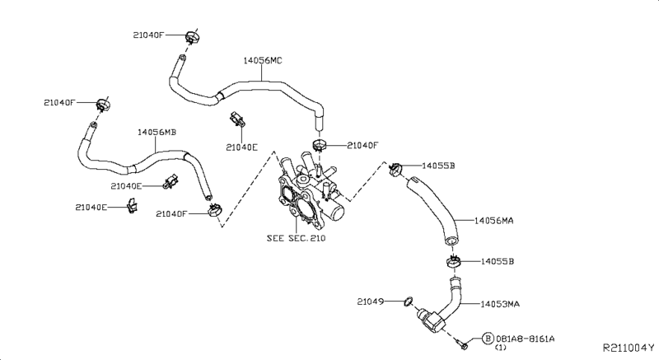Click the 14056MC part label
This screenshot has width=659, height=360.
(263, 59)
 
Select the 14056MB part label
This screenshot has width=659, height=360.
(157, 132)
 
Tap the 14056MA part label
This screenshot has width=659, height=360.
(497, 220)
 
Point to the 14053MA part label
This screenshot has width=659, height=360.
(500, 304)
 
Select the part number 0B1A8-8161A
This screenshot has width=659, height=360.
(525, 339)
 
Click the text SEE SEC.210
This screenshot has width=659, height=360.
(296, 238)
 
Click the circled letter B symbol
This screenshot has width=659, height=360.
(488, 339)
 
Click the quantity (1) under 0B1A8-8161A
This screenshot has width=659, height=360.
(500, 348)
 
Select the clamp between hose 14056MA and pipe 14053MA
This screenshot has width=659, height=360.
(452, 262)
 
